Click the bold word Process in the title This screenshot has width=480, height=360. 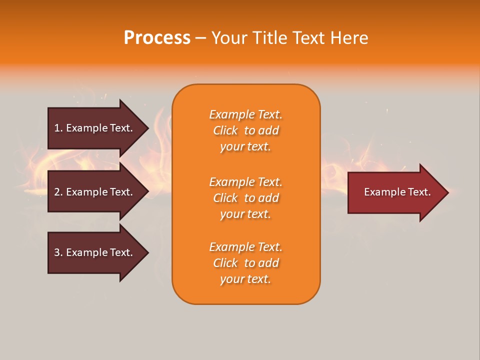(157, 38)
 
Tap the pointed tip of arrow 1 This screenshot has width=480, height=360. (147, 128)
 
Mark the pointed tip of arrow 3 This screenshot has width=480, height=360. (147, 252)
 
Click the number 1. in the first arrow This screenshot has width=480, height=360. (58, 128)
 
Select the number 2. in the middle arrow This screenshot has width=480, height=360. (58, 192)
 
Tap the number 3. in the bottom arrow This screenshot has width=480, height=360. (58, 252)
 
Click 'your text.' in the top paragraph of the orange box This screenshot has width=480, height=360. (245, 147)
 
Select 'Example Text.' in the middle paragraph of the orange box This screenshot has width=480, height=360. (245, 182)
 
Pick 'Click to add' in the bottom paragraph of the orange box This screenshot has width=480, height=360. (245, 263)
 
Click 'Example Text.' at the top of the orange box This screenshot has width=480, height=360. (245, 114)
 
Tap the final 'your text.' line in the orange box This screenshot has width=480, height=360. (245, 279)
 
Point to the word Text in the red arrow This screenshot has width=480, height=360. (418, 192)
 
